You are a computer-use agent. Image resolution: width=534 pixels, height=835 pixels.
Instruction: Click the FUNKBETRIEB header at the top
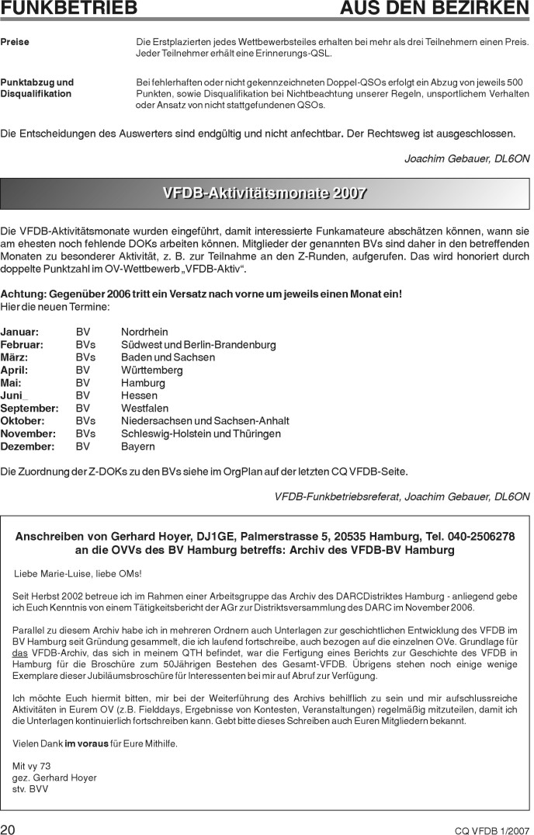point(69,9)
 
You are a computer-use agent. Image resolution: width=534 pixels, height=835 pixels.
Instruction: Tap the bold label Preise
point(15,42)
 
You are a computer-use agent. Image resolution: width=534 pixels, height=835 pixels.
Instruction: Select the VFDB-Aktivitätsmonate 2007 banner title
point(265,193)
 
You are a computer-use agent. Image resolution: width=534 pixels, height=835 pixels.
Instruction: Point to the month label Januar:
point(19,332)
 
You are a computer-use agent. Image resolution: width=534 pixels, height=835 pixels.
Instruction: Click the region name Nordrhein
point(146,332)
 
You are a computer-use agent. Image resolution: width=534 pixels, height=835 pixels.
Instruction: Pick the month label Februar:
point(22,345)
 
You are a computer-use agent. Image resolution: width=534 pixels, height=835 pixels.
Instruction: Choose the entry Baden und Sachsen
point(168,357)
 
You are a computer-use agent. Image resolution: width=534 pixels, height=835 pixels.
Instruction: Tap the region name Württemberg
point(152,371)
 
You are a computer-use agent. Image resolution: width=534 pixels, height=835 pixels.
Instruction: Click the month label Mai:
point(11,383)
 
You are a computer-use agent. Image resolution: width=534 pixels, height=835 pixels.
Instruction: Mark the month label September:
point(29,409)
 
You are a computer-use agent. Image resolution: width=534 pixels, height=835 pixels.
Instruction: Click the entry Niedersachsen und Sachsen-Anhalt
point(205,421)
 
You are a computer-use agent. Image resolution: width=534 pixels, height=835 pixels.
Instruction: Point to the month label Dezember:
point(27,447)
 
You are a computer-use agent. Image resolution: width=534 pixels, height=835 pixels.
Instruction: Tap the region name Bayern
point(138,447)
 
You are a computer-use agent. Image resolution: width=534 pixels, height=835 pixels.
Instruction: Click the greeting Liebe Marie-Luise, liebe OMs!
point(78,574)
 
